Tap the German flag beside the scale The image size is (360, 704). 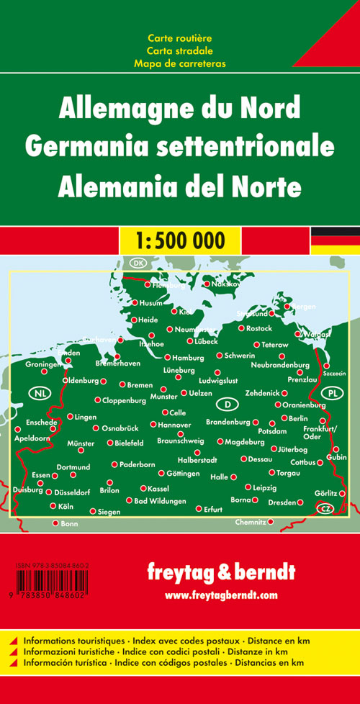[335, 240]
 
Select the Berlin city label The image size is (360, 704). [297, 418]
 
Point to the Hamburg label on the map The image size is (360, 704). [189, 358]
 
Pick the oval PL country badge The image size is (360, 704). [332, 393]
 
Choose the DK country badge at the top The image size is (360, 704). [138, 263]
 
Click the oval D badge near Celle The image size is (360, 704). [227, 402]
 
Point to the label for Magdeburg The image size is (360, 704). [246, 441]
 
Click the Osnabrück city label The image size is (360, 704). [120, 428]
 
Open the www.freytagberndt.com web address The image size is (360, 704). [221, 595]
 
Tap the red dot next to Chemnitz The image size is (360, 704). [271, 521]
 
